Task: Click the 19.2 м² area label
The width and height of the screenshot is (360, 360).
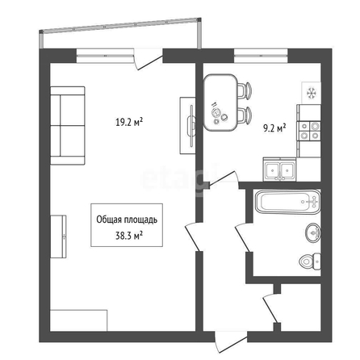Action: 129,122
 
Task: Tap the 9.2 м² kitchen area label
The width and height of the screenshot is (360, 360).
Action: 274,128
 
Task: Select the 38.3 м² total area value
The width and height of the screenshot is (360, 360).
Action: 129,236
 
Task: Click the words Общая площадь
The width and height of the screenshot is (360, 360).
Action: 127,220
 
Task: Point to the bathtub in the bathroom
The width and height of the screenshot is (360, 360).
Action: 287,202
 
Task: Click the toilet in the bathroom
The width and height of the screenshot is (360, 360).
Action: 310,262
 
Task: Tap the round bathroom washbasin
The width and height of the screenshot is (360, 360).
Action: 313,232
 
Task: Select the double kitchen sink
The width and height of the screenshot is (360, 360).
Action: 279,169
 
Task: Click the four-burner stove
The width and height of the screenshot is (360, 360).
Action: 310,131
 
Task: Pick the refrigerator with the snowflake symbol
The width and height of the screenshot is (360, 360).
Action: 312,93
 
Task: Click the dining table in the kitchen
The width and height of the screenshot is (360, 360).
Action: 220,103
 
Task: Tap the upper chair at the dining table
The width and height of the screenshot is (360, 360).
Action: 245,90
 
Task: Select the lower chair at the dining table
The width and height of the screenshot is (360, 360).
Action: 245,115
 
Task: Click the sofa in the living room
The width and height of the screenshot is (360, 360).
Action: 68,125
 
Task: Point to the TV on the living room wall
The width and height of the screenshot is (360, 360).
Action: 188,126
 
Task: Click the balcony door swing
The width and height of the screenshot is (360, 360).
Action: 149,59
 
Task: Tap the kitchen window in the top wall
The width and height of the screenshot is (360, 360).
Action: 261,56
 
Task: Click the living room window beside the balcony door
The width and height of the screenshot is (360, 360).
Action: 105,56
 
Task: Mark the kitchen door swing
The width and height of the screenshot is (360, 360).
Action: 224,179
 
